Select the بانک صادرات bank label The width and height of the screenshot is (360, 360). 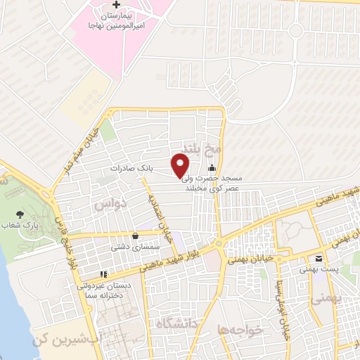pos(131,169)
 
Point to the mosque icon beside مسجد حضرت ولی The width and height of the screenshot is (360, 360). pos(212,167)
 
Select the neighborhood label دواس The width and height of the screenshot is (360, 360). pos(109,204)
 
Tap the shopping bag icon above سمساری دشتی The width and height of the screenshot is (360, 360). pos(135,236)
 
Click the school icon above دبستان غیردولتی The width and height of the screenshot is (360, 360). pos(103,274)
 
